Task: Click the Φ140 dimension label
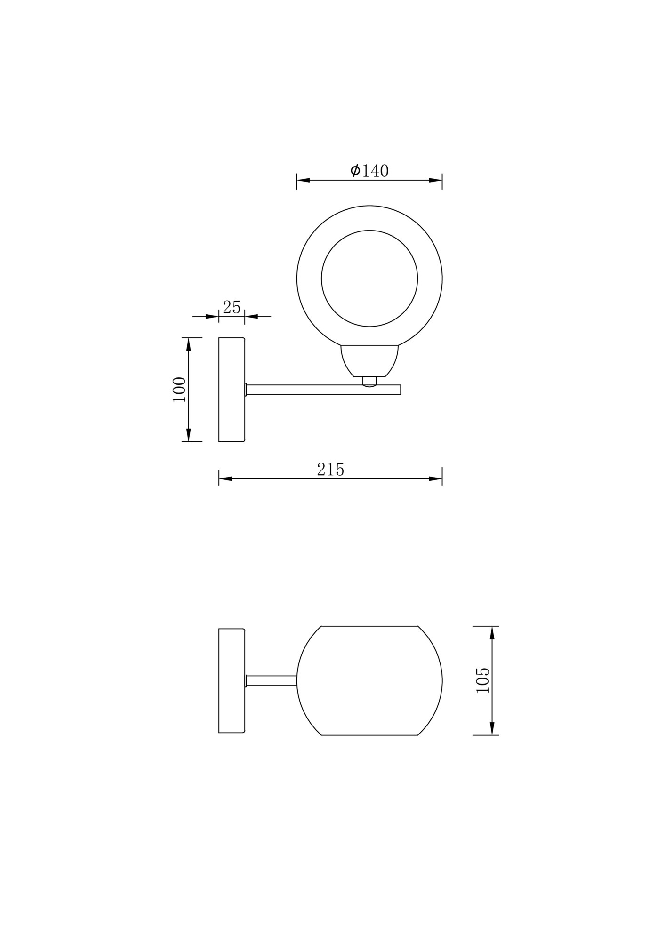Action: [370, 170]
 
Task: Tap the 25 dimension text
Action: [232, 307]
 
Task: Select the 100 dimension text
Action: [179, 389]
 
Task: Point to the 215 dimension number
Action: [330, 470]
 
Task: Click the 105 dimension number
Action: [483, 680]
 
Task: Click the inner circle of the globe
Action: [369, 279]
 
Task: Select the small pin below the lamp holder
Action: [369, 381]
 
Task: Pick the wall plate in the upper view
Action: [232, 390]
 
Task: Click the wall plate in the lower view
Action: [232, 680]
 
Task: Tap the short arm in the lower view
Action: [271, 680]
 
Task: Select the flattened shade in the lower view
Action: [369, 680]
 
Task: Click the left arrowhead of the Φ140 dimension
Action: [303, 180]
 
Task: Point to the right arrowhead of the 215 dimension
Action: [436, 479]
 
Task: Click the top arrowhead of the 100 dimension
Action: [188, 344]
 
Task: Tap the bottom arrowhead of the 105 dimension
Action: [492, 728]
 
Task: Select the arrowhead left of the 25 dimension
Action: [213, 317]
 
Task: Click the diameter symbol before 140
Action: [355, 170]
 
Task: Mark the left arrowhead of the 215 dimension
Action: [225, 479]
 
